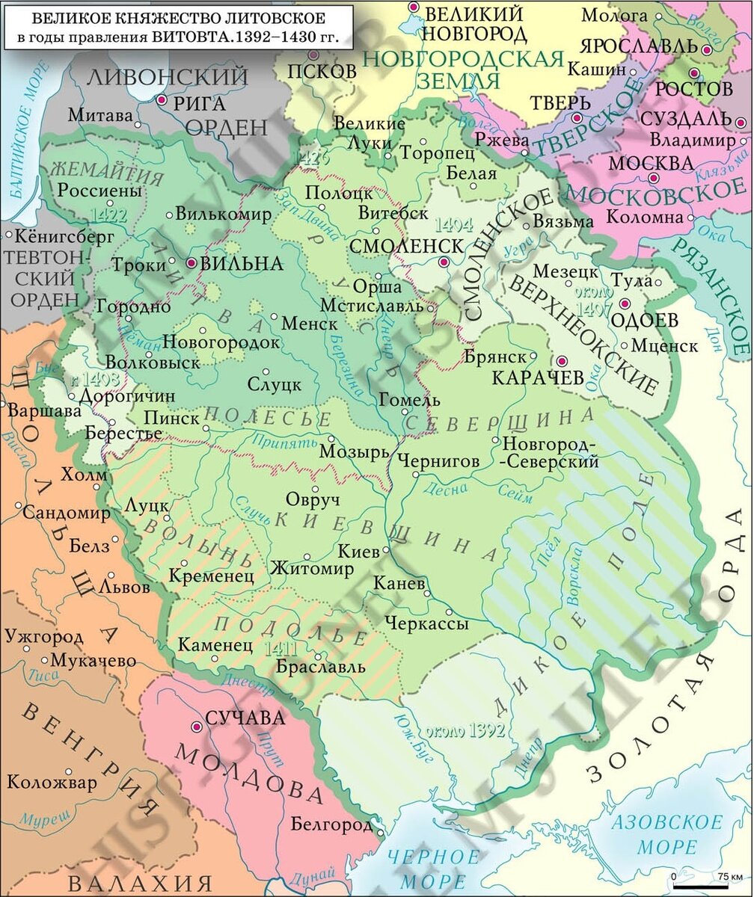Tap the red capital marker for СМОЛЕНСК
(x=444, y=262)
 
